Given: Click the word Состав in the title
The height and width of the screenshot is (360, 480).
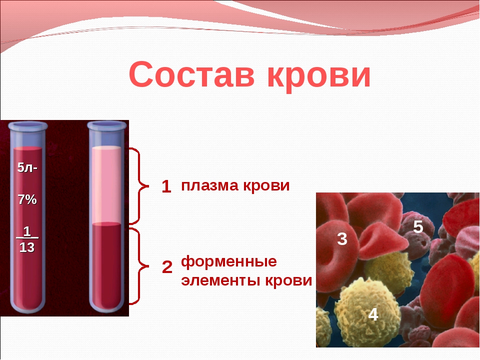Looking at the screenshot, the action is pyautogui.click(x=191, y=74).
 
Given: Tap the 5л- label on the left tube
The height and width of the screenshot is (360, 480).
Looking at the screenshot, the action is pyautogui.click(x=27, y=167).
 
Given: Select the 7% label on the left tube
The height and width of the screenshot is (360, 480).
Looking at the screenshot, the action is pyautogui.click(x=27, y=199).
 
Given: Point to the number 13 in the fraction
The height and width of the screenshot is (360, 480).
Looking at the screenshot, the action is pyautogui.click(x=27, y=247).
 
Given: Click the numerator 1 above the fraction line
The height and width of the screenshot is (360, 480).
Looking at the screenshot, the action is pyautogui.click(x=27, y=231).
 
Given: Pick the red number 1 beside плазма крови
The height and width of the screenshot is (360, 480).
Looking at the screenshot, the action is pyautogui.click(x=166, y=186).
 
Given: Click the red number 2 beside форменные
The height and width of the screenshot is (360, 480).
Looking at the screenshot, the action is pyautogui.click(x=167, y=267).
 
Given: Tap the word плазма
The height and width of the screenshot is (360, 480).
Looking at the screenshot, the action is pyautogui.click(x=209, y=186).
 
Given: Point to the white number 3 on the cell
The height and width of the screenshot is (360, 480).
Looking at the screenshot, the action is pyautogui.click(x=342, y=239).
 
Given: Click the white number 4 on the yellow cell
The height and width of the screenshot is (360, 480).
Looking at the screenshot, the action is pyautogui.click(x=373, y=314).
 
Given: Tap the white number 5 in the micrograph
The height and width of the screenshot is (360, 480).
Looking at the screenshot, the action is pyautogui.click(x=418, y=227).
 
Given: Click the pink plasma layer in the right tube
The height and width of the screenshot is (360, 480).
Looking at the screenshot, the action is pyautogui.click(x=106, y=185).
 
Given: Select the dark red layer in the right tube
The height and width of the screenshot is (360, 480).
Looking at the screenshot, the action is pyautogui.click(x=106, y=265).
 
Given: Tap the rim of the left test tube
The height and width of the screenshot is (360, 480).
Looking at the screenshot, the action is pyautogui.click(x=28, y=126).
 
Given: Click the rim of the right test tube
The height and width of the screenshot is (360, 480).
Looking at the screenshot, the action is pyautogui.click(x=107, y=125).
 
